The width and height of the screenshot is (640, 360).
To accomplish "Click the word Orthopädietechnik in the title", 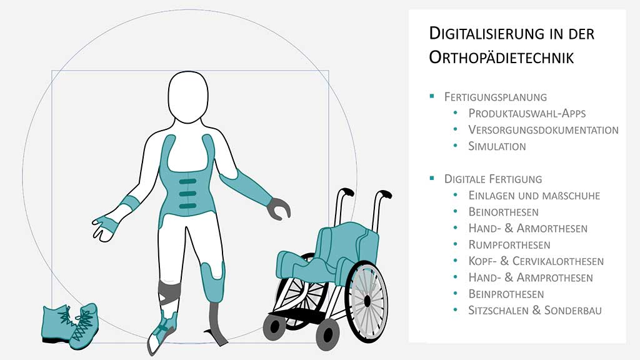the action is (x=501, y=57).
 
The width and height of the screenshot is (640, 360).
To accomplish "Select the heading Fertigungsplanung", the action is (x=496, y=97).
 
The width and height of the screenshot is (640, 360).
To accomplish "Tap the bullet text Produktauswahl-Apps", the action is (x=527, y=114).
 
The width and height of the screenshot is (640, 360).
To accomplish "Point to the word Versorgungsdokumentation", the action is (x=543, y=130).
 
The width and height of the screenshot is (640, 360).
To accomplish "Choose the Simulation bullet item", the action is (x=497, y=146).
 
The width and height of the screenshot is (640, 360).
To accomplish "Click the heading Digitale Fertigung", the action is (x=493, y=179).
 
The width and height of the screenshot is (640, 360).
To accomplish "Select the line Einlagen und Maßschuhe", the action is (x=534, y=196).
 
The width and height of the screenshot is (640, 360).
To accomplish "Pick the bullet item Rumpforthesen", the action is (x=509, y=245).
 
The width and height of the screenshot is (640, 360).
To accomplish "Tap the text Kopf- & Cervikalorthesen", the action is (x=536, y=261).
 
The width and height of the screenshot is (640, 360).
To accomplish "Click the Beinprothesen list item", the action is (x=506, y=294).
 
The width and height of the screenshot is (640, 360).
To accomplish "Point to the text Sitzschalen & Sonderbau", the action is (x=535, y=310).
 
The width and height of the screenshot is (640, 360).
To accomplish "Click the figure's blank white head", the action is (x=188, y=97).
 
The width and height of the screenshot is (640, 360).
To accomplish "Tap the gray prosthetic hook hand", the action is (x=278, y=209).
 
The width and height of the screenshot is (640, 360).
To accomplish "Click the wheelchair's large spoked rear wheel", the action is (x=367, y=301).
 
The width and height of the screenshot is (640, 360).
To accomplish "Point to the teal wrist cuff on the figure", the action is (x=130, y=204).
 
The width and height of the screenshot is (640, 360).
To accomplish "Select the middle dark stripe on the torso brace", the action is (x=187, y=194).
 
